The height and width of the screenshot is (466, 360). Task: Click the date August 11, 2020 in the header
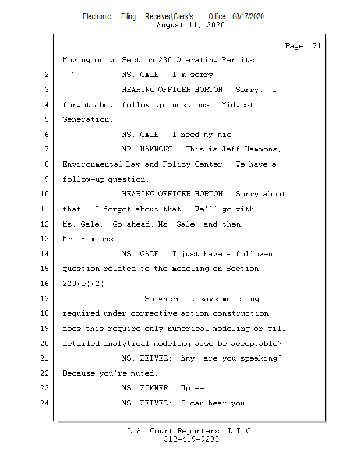(190, 25)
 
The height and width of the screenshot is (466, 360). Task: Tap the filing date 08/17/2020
(248, 16)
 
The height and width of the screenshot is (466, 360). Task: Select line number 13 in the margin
(45, 239)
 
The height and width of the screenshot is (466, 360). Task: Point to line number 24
(45, 403)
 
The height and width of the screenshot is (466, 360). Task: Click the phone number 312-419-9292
(191, 439)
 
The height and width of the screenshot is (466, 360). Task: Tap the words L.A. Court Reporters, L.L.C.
(191, 431)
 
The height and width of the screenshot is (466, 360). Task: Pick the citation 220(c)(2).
(85, 284)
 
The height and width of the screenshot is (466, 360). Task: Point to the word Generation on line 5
(87, 119)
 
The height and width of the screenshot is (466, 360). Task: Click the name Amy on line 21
(188, 358)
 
